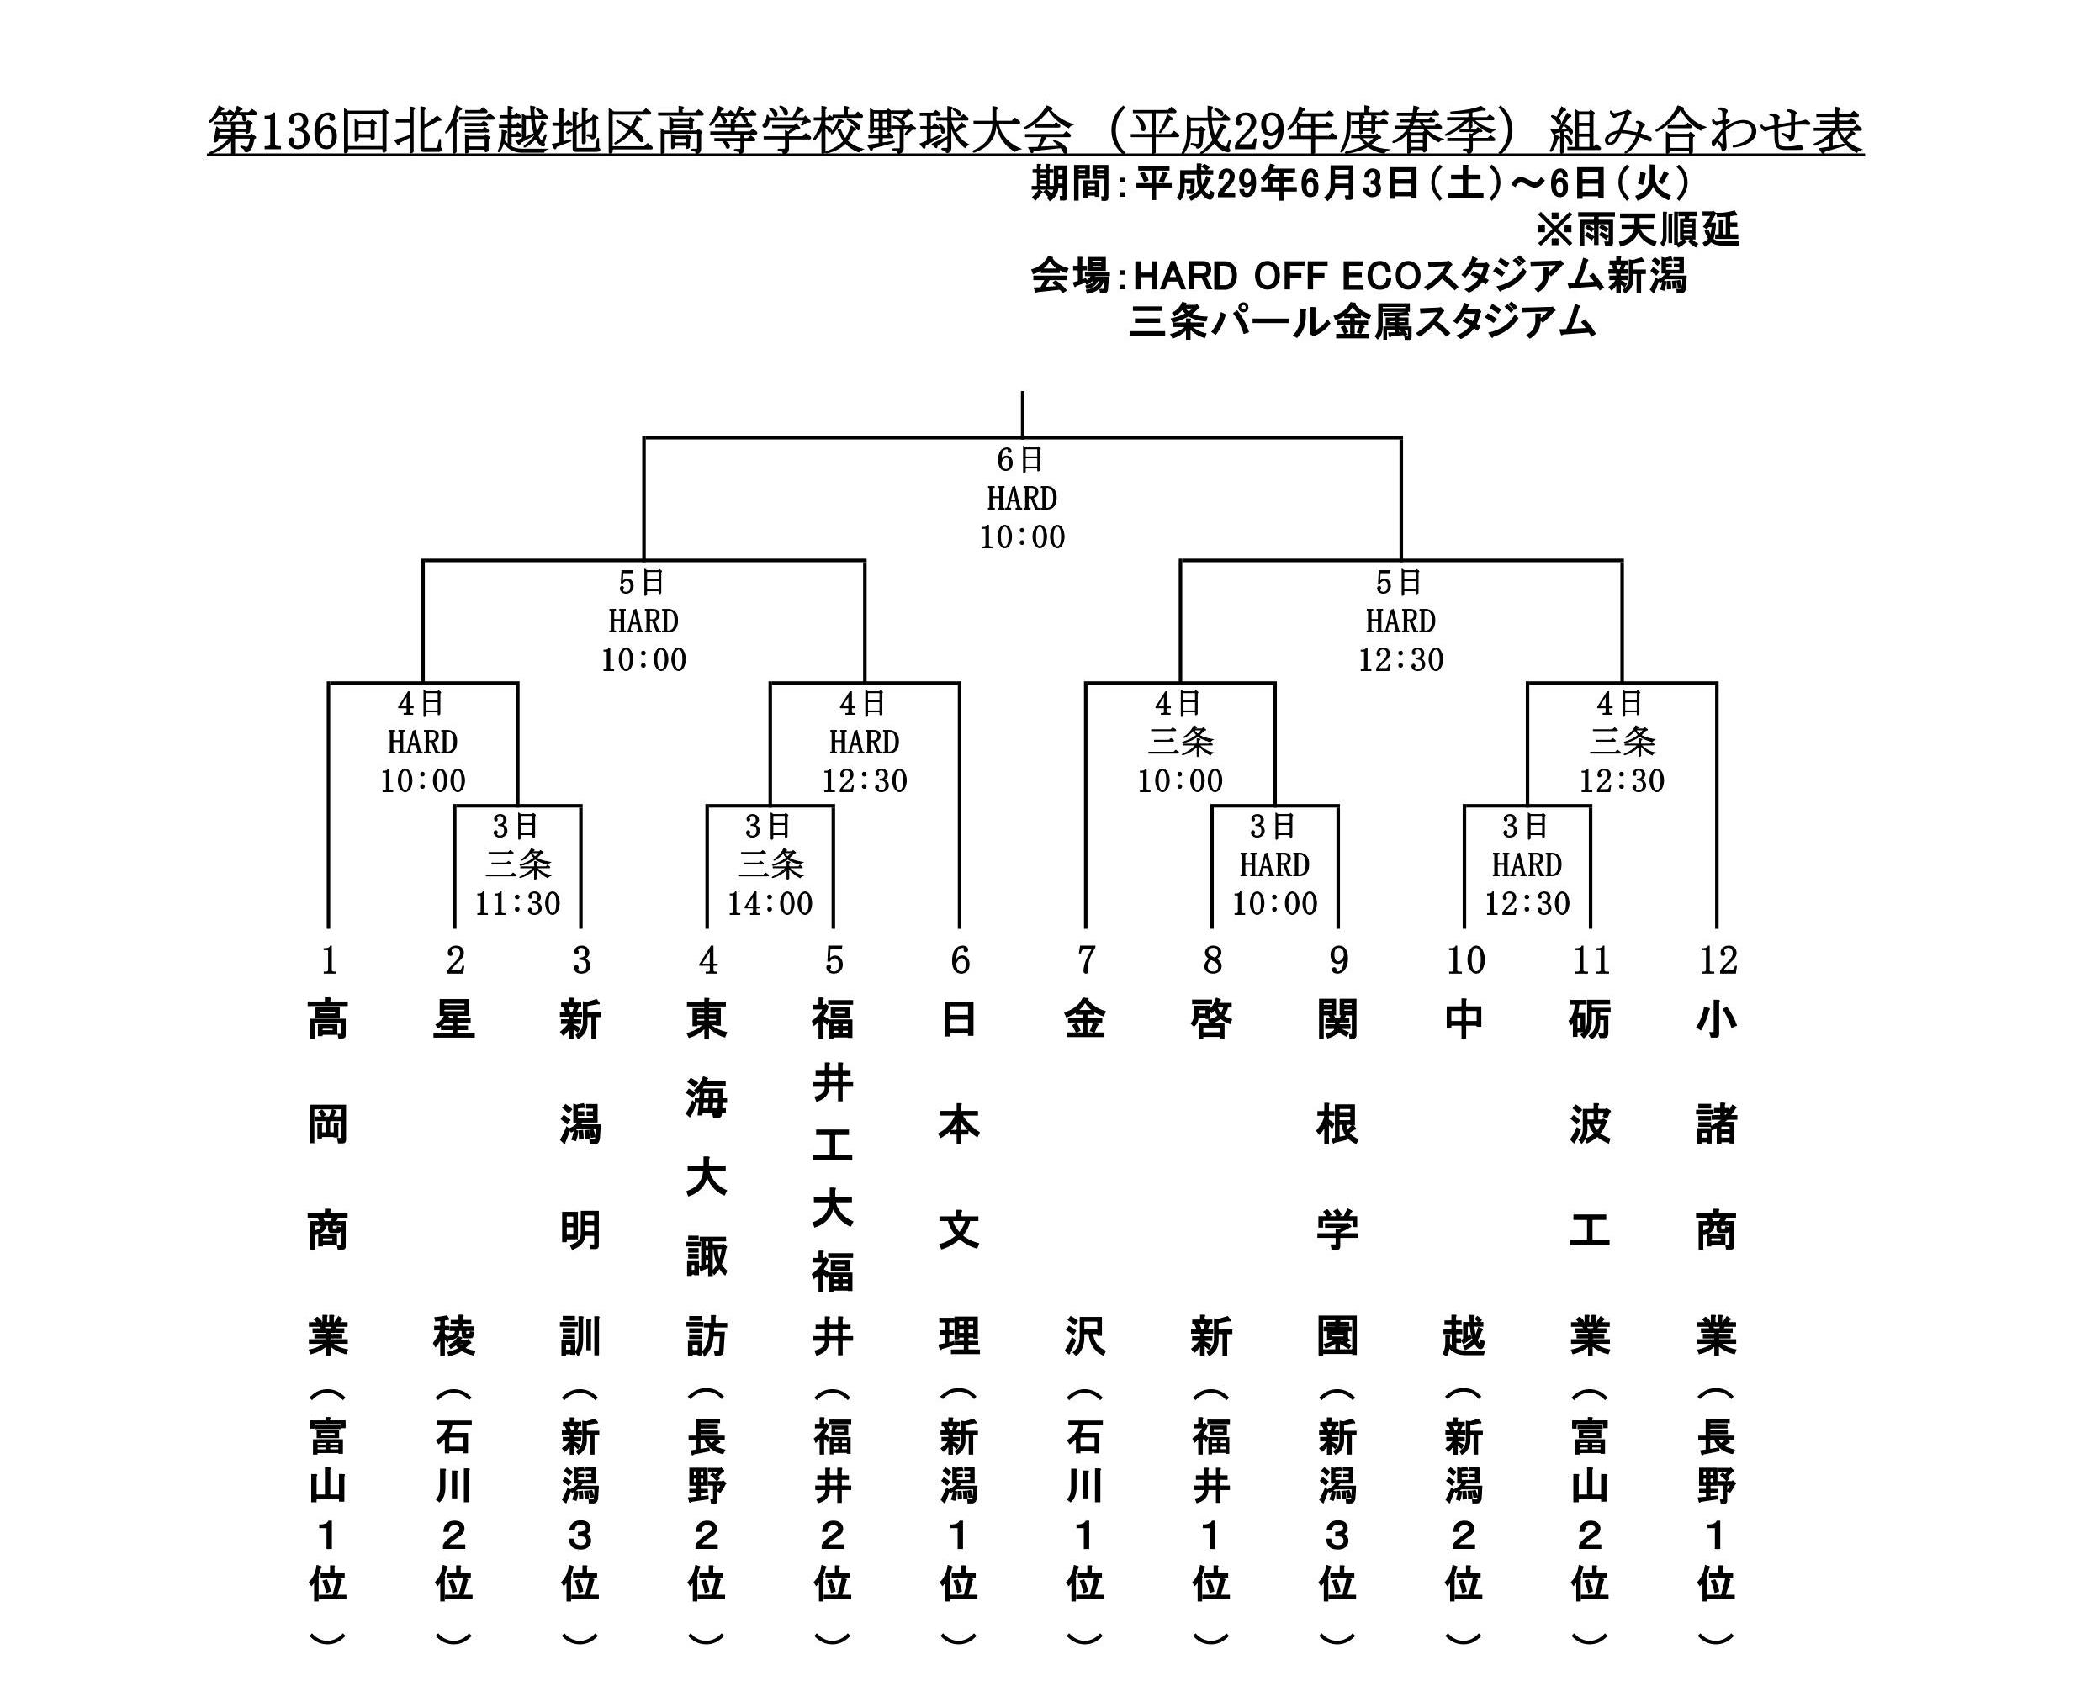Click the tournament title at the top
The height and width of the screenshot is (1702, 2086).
tap(1035, 130)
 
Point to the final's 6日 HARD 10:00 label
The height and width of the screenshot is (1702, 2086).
tap(1022, 498)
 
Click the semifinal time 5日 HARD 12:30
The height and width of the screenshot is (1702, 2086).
tap(1400, 621)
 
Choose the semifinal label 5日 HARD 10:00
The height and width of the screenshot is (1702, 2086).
tap(643, 621)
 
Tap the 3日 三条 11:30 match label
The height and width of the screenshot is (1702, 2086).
tap(518, 864)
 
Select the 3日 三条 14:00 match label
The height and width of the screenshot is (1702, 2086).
tap(770, 864)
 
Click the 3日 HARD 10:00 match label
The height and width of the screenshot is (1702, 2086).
tap(1275, 864)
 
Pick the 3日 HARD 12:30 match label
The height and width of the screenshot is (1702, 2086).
tap(1527, 864)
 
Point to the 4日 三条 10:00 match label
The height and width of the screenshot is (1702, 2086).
tap(1180, 743)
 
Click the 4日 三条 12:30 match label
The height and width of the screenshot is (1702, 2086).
tap(1623, 743)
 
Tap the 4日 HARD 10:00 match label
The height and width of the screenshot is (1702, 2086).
tap(423, 743)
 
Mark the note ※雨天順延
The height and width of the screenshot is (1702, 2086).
tap(1637, 230)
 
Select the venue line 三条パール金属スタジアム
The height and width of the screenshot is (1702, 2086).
tap(1363, 321)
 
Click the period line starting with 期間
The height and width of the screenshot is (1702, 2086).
tap(1360, 183)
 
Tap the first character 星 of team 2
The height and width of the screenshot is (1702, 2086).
tap(454, 1020)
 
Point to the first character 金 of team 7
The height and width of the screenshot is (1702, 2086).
tap(1086, 1020)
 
